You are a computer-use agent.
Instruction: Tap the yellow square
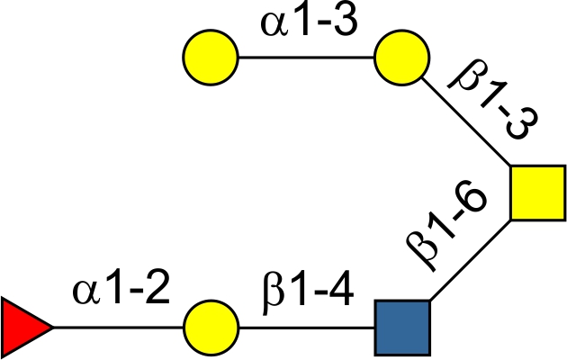click(x=537, y=193)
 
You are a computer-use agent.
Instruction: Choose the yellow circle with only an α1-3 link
click(x=211, y=60)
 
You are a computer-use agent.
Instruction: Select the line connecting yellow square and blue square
click(x=470, y=258)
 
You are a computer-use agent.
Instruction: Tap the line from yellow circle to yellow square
click(x=468, y=126)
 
